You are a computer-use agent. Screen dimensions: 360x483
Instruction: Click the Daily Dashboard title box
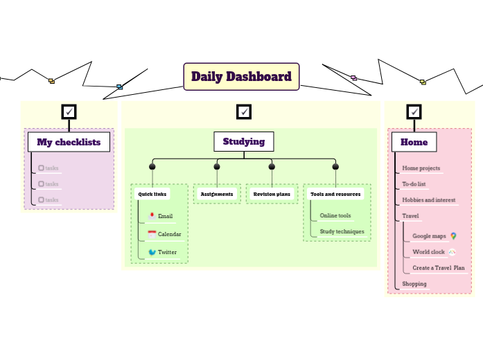tap(241, 76)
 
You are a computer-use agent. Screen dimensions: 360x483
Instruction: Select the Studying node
tap(243, 141)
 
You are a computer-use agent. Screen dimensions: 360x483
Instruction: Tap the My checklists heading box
tap(69, 142)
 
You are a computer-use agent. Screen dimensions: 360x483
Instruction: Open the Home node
tap(414, 142)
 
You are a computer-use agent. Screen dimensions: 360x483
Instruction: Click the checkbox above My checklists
tap(69, 111)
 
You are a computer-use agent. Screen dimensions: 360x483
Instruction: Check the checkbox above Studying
tap(244, 111)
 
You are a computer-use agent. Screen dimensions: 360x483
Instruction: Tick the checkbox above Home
tap(414, 111)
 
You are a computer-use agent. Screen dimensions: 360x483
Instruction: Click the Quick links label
tap(152, 195)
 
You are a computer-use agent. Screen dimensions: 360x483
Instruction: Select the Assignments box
tap(217, 195)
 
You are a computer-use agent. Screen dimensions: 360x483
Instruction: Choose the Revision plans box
tap(272, 195)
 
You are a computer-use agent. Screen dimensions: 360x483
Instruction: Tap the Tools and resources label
tap(335, 195)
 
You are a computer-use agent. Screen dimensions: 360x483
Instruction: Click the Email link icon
tap(152, 216)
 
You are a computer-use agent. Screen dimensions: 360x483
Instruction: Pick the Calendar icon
tap(152, 234)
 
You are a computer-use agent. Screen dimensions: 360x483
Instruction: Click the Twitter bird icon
tap(152, 252)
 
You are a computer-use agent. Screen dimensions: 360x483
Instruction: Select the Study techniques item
tap(342, 231)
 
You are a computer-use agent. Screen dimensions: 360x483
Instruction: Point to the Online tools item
tap(335, 216)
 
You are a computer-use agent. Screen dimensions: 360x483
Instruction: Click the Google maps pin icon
tap(453, 236)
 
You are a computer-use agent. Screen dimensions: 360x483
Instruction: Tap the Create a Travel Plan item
tap(438, 267)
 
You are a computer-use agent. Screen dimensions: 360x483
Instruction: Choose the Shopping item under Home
tap(414, 284)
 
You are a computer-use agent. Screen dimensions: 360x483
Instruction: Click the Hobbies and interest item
tap(428, 200)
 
